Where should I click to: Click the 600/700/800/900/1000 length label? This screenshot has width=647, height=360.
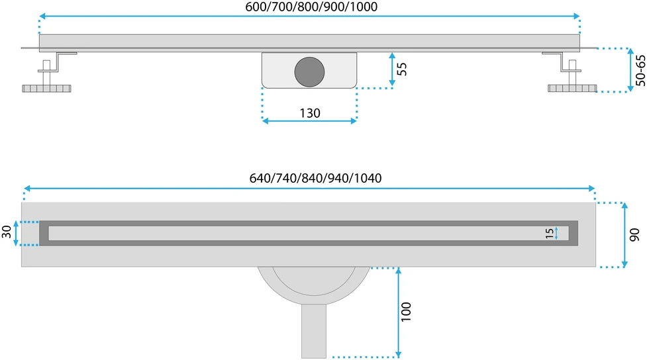311,7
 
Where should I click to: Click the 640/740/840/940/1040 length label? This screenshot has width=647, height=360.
315,178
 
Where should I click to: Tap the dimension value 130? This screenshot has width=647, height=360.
310,113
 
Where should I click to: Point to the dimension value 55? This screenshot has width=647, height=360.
401,69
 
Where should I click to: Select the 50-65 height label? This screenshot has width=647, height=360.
640,71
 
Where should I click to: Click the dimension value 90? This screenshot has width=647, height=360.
634,235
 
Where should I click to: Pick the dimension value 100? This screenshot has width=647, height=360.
406,312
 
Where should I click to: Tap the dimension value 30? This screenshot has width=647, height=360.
7,232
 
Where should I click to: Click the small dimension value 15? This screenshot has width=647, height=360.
550,234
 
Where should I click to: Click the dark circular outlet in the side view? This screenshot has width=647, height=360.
309,71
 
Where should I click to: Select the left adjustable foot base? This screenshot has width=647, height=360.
46,88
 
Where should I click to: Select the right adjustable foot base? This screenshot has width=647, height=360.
572,88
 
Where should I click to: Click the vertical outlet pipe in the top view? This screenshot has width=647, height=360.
314,331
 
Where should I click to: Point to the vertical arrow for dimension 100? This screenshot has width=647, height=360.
398,312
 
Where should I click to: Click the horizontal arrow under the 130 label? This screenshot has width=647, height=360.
309,121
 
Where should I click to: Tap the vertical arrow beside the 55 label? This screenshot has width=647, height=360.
392,69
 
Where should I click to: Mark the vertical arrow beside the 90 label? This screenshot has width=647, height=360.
624,235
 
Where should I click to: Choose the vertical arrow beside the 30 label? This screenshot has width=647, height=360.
16,234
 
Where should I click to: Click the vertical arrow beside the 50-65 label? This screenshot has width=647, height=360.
630,69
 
